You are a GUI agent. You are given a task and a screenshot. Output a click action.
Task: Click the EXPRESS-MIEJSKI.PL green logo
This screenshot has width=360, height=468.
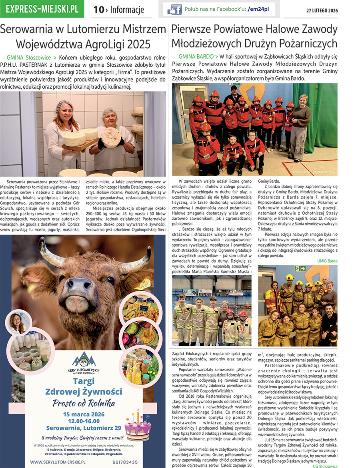coord(42,9)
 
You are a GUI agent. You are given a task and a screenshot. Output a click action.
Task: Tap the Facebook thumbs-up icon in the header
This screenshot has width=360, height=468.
coord(174,9)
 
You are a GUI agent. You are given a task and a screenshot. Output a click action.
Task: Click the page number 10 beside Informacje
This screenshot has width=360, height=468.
coord(98,10)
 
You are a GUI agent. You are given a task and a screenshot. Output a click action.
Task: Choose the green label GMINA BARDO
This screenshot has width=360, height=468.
coord(196,57)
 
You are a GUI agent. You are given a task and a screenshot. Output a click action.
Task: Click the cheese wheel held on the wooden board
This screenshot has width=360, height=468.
coord(75,139)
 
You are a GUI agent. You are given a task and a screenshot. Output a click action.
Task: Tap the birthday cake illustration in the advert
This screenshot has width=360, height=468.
coord(138,427)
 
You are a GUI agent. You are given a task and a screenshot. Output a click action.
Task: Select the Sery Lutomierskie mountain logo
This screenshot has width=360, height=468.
coord(84,359)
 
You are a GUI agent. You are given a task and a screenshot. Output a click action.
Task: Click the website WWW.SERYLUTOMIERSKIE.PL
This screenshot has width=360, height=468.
coord(58,462)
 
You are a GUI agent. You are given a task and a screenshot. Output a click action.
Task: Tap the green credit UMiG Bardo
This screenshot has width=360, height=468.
coord(327,261)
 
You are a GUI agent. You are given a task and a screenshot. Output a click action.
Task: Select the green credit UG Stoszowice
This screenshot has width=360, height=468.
coord(325,466)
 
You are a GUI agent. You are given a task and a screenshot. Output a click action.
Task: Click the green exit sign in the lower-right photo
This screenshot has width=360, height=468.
coord(300,268)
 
